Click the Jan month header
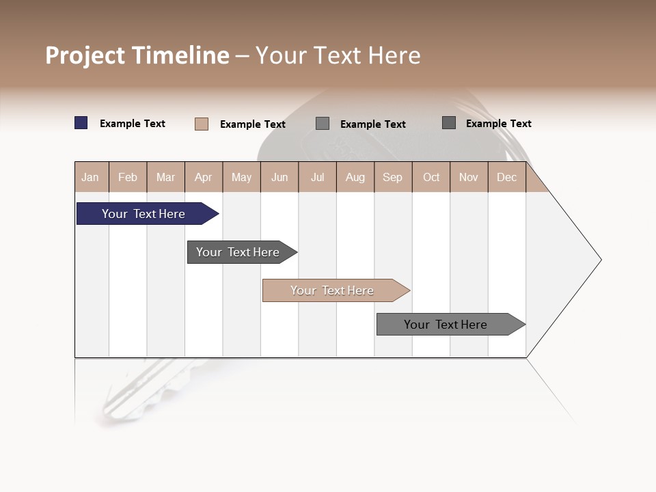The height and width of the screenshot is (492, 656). (90, 177)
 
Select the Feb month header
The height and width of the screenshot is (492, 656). (128, 177)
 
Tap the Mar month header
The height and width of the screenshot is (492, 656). (165, 177)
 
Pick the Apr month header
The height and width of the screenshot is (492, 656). (204, 177)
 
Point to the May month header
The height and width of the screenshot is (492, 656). (241, 177)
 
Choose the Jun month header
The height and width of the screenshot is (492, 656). (279, 177)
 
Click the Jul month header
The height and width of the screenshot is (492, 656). (317, 177)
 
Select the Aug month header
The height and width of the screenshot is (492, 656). (355, 177)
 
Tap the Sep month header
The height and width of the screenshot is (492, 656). (393, 177)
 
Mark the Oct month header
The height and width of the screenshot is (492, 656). (431, 177)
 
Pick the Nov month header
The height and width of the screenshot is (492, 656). (469, 177)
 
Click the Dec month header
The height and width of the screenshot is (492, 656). (506, 177)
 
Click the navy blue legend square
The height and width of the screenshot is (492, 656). (81, 123)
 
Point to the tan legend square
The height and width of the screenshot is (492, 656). (202, 124)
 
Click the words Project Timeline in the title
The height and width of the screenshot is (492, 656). (137, 55)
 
